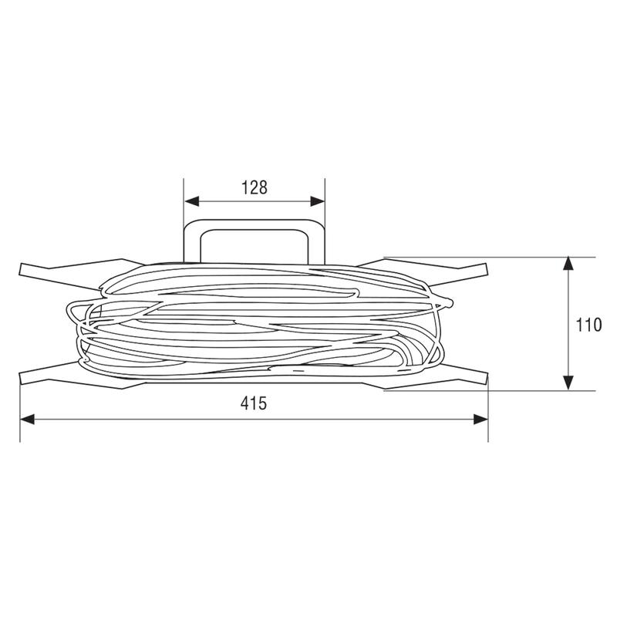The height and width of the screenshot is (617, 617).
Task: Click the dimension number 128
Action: (255, 187)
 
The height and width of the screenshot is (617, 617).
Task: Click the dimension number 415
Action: (254, 403)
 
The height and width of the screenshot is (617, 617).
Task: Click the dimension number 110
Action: (588, 325)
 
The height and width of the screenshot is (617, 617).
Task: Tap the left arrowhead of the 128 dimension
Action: (191, 201)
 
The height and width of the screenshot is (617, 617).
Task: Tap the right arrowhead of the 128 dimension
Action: (318, 201)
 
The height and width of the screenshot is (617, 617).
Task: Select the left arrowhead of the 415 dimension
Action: (27, 420)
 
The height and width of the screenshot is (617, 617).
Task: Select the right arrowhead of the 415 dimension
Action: (480, 420)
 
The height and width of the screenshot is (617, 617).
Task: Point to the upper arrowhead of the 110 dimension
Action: (568, 264)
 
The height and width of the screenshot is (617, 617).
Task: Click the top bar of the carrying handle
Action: (255, 224)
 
